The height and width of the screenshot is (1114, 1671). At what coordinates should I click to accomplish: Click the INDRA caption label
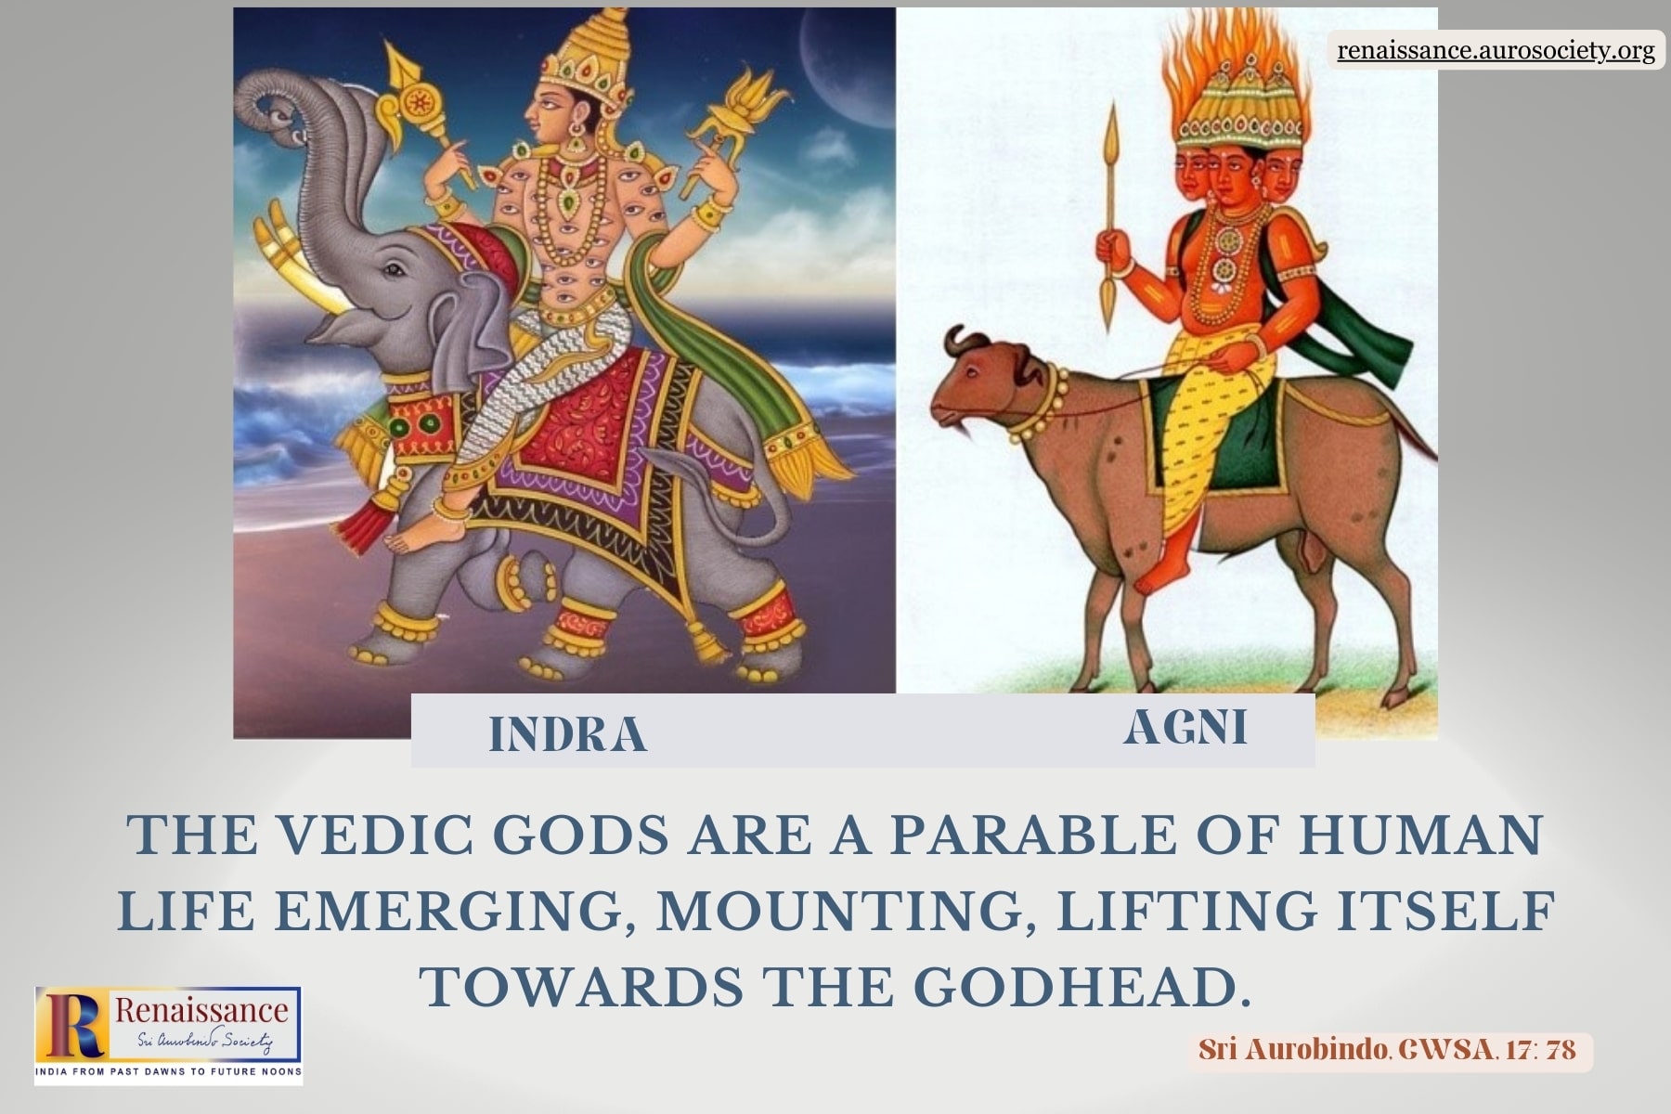pos(567,734)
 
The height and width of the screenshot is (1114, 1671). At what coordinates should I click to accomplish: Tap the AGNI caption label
pos(1185,727)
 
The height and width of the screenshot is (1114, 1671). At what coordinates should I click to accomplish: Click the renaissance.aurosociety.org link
pos(1496,50)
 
